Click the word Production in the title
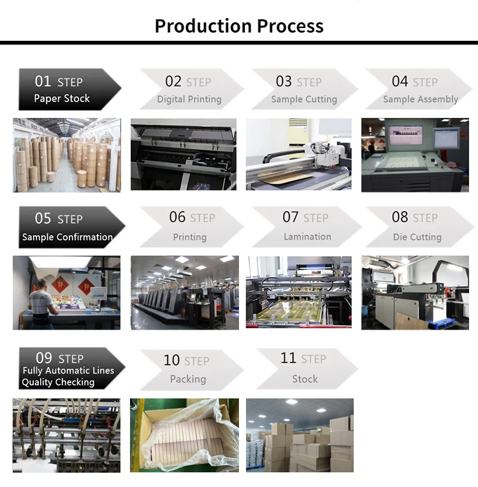[x=203, y=26]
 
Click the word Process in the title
[x=290, y=26]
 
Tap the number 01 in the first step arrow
[x=43, y=82]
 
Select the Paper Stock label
[x=62, y=99]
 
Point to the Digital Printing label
[x=189, y=99]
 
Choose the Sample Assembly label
[x=420, y=99]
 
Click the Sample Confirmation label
[x=67, y=237]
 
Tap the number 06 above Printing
[x=177, y=217]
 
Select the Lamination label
[x=307, y=236]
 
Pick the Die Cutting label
[x=417, y=237]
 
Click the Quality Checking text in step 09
[x=58, y=382]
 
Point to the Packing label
[x=188, y=379]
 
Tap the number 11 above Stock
[x=288, y=358]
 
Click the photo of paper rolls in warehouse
[x=66, y=155]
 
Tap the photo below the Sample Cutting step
[x=298, y=154]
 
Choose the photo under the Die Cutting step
[x=415, y=293]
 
